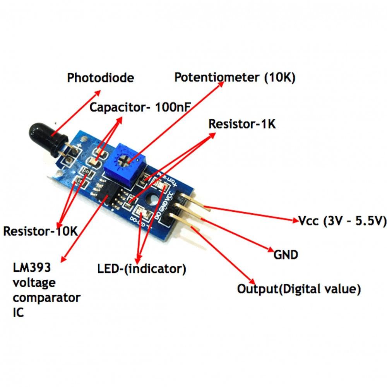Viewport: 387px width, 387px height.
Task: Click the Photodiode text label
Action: pyautogui.click(x=100, y=77)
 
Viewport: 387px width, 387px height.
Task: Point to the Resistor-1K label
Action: pyautogui.click(x=242, y=124)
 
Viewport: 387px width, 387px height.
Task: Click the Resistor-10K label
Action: pyautogui.click(x=41, y=231)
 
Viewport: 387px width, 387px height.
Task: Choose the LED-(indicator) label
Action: pyautogui.click(x=142, y=268)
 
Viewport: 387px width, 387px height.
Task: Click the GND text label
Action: pyautogui.click(x=286, y=255)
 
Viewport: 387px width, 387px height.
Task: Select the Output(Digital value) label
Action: pyautogui.click(x=299, y=289)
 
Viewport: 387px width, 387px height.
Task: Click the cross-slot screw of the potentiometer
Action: pyautogui.click(x=126, y=158)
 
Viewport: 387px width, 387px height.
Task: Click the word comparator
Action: pyautogui.click(x=47, y=298)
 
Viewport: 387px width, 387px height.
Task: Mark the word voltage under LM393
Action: pyautogui.click(x=34, y=283)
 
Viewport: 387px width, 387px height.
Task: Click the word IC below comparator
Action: pyautogui.click(x=19, y=312)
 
